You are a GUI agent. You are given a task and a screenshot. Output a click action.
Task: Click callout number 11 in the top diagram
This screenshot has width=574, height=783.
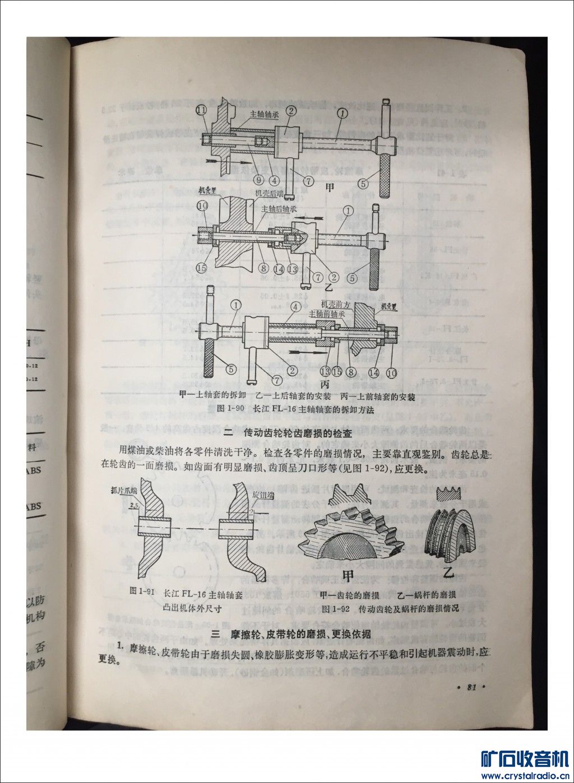(x=202, y=110)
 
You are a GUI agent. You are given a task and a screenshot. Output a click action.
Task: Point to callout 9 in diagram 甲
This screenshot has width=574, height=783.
(x=258, y=180)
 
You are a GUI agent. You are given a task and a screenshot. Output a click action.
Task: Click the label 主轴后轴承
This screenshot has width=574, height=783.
(x=281, y=208)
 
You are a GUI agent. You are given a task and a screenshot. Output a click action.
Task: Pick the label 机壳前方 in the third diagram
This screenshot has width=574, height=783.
(x=335, y=304)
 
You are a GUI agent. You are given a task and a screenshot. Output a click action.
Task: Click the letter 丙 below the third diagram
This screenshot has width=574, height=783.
(x=325, y=385)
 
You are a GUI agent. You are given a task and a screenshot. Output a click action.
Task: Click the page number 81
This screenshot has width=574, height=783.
(x=471, y=687)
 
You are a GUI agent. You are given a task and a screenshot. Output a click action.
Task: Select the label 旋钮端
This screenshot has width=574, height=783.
(x=262, y=495)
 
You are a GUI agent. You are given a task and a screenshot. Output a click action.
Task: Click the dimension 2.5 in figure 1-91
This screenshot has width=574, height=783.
(x=134, y=506)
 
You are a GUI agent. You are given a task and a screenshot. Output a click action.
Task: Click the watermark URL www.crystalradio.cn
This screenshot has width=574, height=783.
(x=524, y=776)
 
